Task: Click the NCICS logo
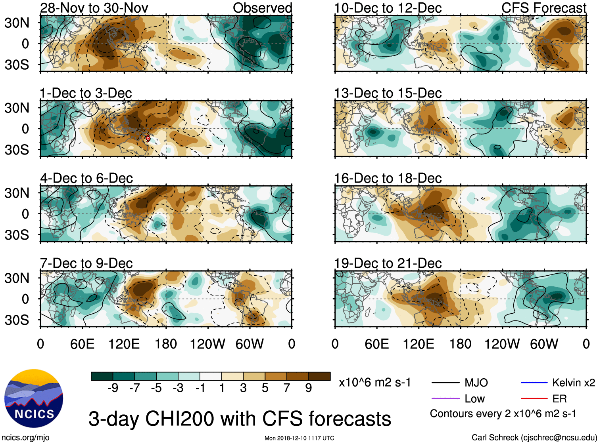tap(34, 398)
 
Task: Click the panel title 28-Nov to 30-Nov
tap(94, 8)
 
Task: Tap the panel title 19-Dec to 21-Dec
tap(388, 263)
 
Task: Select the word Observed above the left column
tap(262, 8)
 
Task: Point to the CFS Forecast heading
tap(543, 8)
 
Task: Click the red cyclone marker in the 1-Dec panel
tap(148, 139)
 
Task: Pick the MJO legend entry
tap(476, 383)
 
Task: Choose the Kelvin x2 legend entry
tap(573, 383)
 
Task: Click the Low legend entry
tap(474, 399)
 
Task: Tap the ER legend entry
tap(559, 399)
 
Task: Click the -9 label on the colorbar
tap(113, 388)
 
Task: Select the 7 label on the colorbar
tap(287, 388)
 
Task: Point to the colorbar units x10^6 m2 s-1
tap(374, 383)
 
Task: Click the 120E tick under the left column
tap(124, 344)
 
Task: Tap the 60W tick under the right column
tap(544, 344)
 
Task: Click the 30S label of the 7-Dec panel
tap(17, 320)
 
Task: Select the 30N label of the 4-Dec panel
tap(17, 193)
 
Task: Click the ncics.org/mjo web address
tap(25, 438)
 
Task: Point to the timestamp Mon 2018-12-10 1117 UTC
tap(299, 438)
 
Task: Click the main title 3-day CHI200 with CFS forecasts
tap(240, 419)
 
